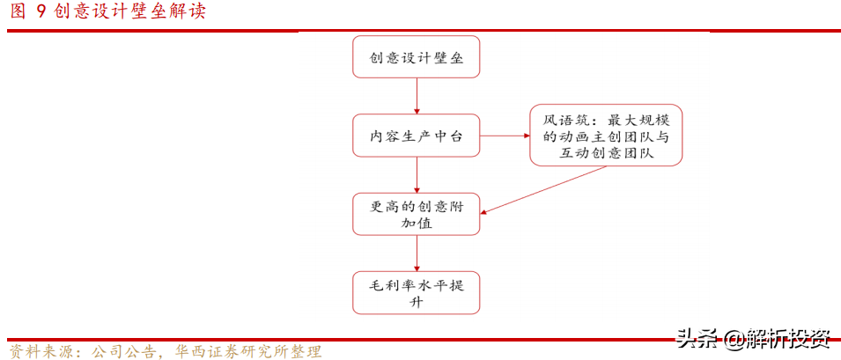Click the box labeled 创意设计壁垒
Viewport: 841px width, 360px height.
[x=416, y=57]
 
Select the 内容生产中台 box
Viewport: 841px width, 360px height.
[x=416, y=136]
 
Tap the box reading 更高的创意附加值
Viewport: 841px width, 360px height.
[x=416, y=214]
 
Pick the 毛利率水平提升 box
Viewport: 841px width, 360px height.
[x=416, y=292]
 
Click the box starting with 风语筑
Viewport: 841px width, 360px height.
[x=606, y=136]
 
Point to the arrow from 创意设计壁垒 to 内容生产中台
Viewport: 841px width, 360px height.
[x=417, y=96]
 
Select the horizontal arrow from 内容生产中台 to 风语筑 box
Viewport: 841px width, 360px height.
[x=505, y=136]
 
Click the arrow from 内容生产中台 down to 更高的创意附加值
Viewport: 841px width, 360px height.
[x=417, y=174]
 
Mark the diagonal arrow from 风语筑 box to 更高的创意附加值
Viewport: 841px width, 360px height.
[x=543, y=189]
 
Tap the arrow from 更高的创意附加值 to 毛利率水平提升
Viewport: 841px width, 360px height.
[x=417, y=253]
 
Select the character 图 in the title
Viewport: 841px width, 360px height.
[x=18, y=11]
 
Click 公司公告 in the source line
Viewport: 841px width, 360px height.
[x=119, y=351]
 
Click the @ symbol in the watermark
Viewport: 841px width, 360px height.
[x=732, y=337]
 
